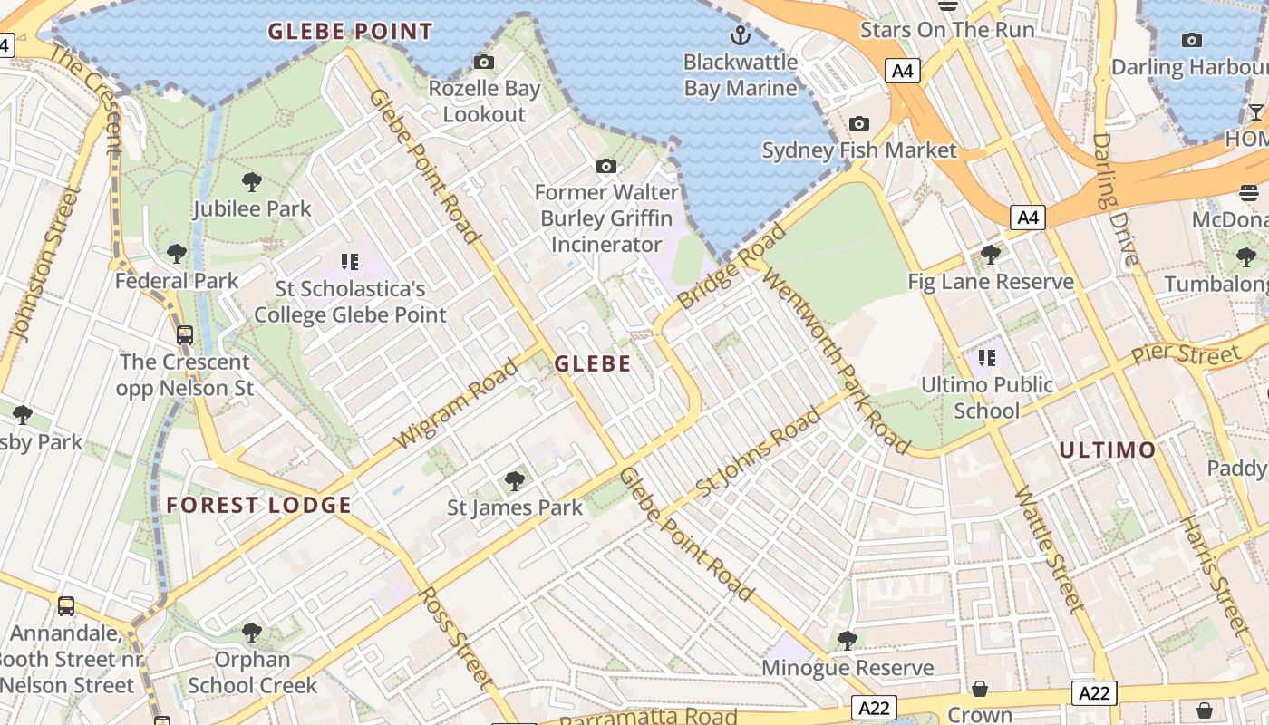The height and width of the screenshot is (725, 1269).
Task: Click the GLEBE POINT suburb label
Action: click(x=350, y=32)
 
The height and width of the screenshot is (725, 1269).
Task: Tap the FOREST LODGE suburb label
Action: click(x=258, y=506)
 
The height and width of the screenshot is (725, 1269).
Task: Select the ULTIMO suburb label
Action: click(x=1108, y=449)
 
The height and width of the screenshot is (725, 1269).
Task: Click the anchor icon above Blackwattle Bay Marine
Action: click(x=741, y=36)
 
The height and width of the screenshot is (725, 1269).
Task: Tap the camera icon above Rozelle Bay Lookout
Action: click(x=484, y=63)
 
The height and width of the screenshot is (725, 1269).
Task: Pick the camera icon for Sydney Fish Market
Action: click(x=858, y=124)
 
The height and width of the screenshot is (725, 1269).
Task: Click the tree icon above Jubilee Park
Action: click(x=252, y=182)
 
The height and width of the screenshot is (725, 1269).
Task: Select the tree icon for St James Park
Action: click(x=515, y=480)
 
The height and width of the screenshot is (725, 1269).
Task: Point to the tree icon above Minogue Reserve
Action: click(x=848, y=641)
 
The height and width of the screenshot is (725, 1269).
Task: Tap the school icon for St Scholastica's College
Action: click(x=350, y=263)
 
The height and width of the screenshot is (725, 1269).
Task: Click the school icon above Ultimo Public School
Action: click(x=987, y=358)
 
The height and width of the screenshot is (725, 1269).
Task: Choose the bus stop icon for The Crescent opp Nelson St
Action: click(x=185, y=335)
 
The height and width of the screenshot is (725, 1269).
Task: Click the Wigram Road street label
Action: click(x=457, y=404)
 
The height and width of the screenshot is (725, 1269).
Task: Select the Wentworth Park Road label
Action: click(x=836, y=361)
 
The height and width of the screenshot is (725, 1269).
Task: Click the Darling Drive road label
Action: click(x=1115, y=199)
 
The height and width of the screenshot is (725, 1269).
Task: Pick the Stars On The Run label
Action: click(x=946, y=30)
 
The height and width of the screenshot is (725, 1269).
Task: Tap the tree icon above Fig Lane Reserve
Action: click(x=991, y=255)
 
